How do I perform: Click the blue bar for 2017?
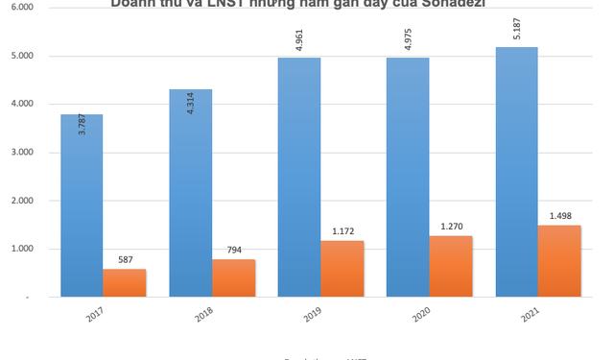82,206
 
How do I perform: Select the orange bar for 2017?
125,283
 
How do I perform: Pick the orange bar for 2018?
233,278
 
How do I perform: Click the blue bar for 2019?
299,178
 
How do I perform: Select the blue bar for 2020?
408,178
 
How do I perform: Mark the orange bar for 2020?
451,267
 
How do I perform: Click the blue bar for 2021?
516,173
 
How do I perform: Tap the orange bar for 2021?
559,261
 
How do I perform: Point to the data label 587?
125,260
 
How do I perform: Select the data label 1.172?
342,232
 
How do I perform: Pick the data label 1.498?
559,217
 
